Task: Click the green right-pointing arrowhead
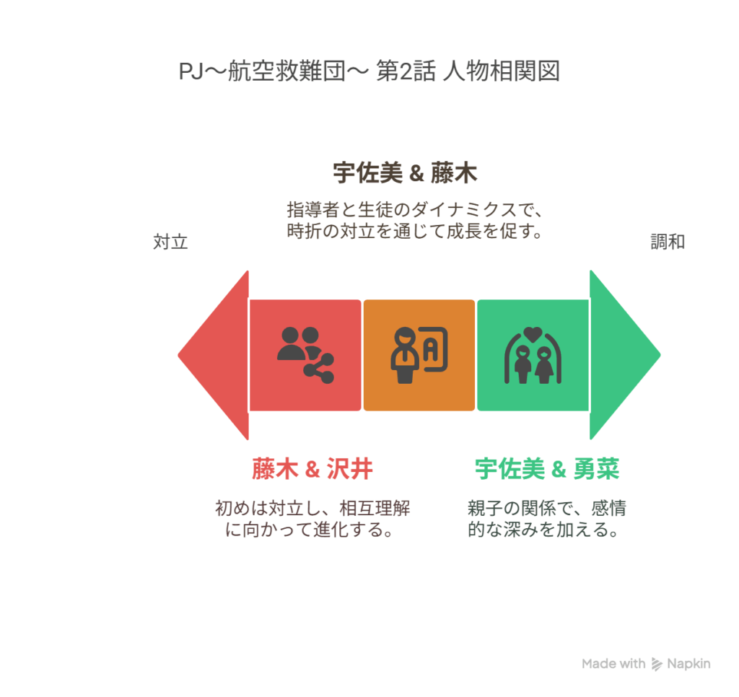[618, 355]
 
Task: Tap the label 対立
[170, 242]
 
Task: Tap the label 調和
[668, 242]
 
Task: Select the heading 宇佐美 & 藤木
[405, 172]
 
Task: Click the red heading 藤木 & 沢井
[312, 469]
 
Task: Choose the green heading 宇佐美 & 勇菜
[547, 469]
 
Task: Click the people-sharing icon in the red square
[305, 355]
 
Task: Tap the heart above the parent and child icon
[533, 334]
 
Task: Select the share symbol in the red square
[319, 367]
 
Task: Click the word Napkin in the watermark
[688, 664]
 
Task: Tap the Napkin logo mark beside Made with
[657, 664]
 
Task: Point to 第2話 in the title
[406, 71]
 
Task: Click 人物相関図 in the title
[502, 71]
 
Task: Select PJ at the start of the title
[191, 72]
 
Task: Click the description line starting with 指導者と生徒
[415, 209]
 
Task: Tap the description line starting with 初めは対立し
[312, 508]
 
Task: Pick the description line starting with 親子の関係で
[547, 508]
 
